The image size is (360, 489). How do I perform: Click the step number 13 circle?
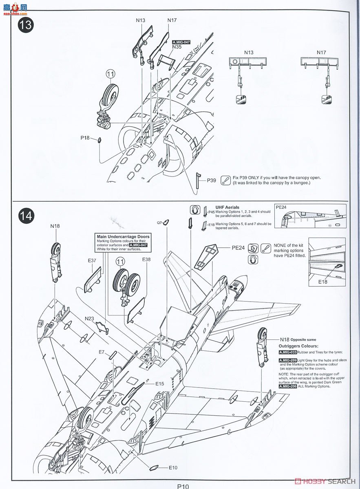pos(25,24)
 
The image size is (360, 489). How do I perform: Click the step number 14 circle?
pos(25,216)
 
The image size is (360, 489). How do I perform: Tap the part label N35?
pos(177,47)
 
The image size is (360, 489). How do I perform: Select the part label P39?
pos(211,180)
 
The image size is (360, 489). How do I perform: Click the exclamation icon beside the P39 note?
pos(225,180)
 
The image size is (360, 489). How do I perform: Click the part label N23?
pos(89,318)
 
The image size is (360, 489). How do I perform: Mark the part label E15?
pos(159,383)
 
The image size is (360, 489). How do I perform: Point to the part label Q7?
pos(160,222)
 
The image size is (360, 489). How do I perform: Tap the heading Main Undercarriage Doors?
pos(123,236)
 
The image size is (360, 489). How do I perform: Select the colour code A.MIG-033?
pos(288,352)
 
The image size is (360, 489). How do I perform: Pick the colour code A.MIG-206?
pos(288,386)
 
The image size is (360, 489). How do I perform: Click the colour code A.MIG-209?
pos(288,361)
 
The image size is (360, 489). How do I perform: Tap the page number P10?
pos(183,486)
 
